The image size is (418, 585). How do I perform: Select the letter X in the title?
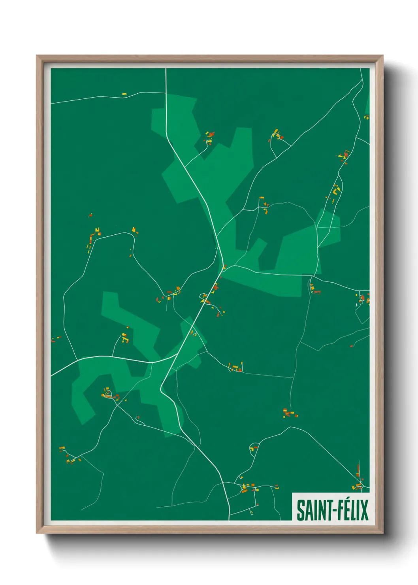pyautogui.click(x=364, y=510)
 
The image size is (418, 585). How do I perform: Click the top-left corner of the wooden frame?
pyautogui.click(x=37, y=56)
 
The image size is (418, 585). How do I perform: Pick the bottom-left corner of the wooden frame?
pyautogui.click(x=37, y=533)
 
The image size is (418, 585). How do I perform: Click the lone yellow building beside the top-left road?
pyautogui.click(x=124, y=94)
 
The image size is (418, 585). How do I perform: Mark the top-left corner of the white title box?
pyautogui.click(x=293, y=493)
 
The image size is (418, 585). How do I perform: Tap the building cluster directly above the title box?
pyautogui.click(x=358, y=485)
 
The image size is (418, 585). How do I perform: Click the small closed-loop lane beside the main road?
pyautogui.click(x=204, y=297)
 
